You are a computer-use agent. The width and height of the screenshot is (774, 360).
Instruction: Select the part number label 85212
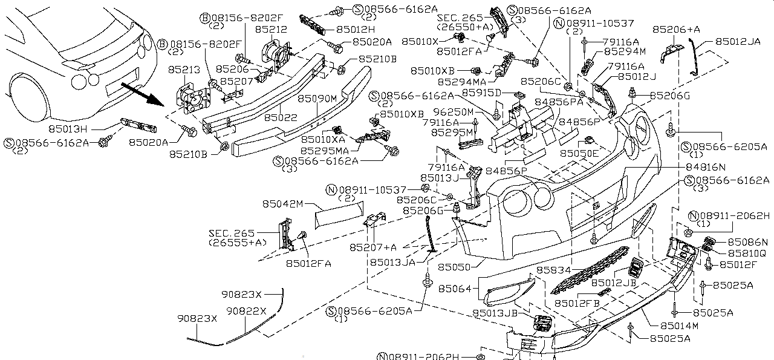(270, 28)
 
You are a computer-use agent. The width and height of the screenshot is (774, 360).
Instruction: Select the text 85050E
(579, 154)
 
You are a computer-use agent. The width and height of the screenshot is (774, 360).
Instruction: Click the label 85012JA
(738, 42)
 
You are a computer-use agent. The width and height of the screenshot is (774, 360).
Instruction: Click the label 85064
(455, 289)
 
